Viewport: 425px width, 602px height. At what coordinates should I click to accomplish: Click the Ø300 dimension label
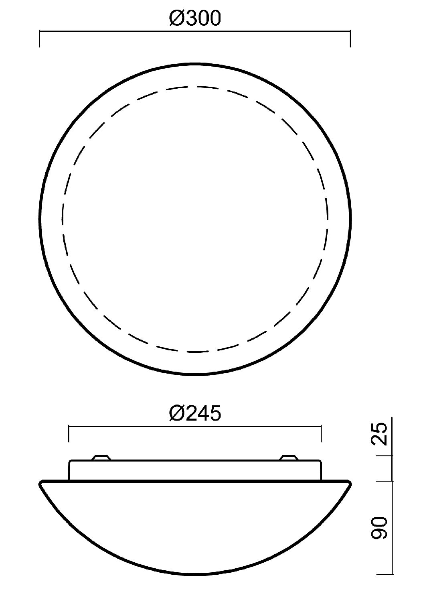(x=195, y=18)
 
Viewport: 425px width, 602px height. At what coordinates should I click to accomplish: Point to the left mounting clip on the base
(x=101, y=458)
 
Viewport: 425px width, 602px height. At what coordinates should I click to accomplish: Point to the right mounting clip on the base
(x=289, y=458)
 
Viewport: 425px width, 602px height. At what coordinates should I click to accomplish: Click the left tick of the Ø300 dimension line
(x=40, y=39)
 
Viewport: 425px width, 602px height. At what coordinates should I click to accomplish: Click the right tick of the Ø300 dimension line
(x=350, y=39)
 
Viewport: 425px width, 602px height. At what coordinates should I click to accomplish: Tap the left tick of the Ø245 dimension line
(x=69, y=433)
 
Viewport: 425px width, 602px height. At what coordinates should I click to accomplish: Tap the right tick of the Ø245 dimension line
(x=321, y=433)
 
